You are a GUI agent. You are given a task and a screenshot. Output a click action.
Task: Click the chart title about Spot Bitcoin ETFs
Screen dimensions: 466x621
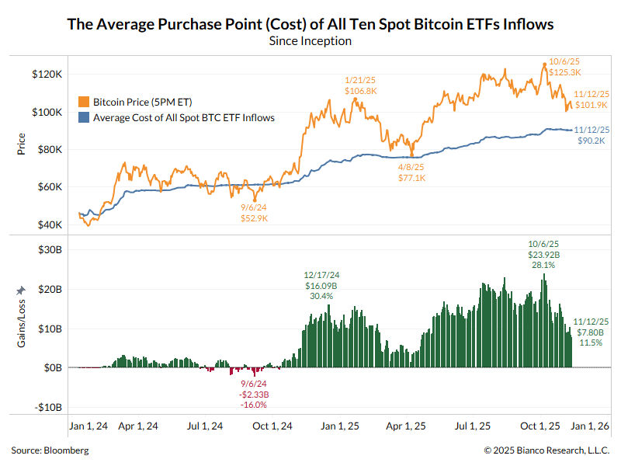(310, 24)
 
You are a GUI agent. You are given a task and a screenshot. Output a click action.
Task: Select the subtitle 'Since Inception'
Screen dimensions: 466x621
(310, 40)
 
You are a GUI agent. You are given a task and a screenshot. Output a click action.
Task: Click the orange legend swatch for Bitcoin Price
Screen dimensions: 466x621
(84, 102)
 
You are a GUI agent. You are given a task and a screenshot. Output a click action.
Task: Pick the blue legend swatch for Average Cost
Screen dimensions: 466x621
(84, 118)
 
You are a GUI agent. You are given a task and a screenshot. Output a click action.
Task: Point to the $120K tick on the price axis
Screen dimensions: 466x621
(47, 74)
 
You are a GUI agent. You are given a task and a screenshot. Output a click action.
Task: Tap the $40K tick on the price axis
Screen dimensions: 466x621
(49, 224)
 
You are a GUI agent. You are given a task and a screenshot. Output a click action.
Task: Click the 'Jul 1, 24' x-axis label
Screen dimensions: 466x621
(206, 426)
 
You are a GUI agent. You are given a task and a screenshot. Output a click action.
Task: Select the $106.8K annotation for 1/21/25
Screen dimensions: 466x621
(360, 91)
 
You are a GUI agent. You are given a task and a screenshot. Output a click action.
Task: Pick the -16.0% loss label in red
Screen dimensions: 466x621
(254, 405)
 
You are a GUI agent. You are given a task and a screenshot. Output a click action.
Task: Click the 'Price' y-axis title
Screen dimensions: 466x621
(22, 144)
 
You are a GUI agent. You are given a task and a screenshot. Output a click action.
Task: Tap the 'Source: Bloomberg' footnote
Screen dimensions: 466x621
(50, 450)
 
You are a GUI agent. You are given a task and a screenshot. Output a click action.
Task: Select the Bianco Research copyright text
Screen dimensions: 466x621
(546, 450)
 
